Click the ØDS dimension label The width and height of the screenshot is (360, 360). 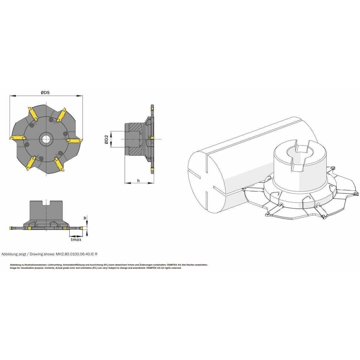pyautogui.click(x=45, y=92)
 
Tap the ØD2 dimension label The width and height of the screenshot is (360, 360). pyautogui.click(x=106, y=139)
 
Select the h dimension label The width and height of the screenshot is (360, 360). pyautogui.click(x=138, y=180)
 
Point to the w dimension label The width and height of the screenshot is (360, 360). pyautogui.click(x=85, y=218)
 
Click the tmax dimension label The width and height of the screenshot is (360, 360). pyautogui.click(x=76, y=239)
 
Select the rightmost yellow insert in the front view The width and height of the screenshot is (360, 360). pyautogui.click(x=74, y=140)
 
